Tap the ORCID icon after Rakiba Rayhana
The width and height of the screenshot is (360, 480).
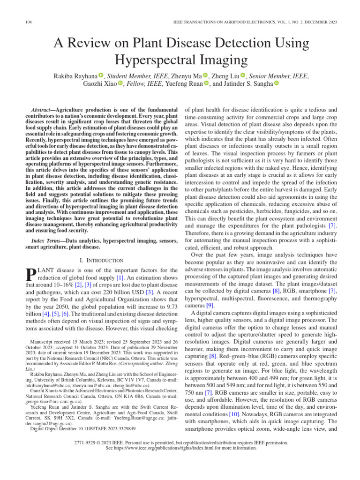click(101, 75)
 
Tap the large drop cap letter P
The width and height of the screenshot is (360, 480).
click(30, 275)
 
